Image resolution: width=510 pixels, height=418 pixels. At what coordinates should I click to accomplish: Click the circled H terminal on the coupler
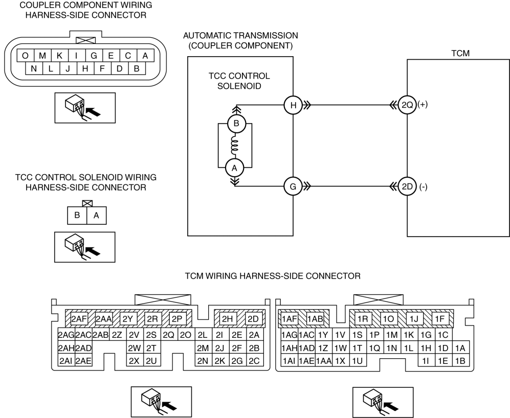coord(293,105)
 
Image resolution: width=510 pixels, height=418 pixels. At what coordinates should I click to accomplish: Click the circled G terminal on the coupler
coord(293,187)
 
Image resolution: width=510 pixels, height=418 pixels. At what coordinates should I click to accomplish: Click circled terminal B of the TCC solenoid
coord(237,124)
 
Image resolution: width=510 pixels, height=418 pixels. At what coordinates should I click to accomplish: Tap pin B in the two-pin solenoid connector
coord(77,216)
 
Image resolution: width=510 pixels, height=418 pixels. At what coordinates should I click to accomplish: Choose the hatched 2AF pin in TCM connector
coord(79,319)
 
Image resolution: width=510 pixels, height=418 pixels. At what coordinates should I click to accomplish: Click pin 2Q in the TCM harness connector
coord(168,335)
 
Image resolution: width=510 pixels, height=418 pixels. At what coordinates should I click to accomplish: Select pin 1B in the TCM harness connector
coord(460,360)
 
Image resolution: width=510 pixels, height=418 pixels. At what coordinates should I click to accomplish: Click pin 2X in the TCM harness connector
coord(134,360)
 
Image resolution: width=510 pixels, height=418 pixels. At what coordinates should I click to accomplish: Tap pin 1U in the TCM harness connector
coord(357,360)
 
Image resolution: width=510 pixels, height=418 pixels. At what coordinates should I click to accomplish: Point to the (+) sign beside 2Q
coord(423,105)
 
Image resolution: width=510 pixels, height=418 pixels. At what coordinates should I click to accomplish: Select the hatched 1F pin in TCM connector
coord(440,319)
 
